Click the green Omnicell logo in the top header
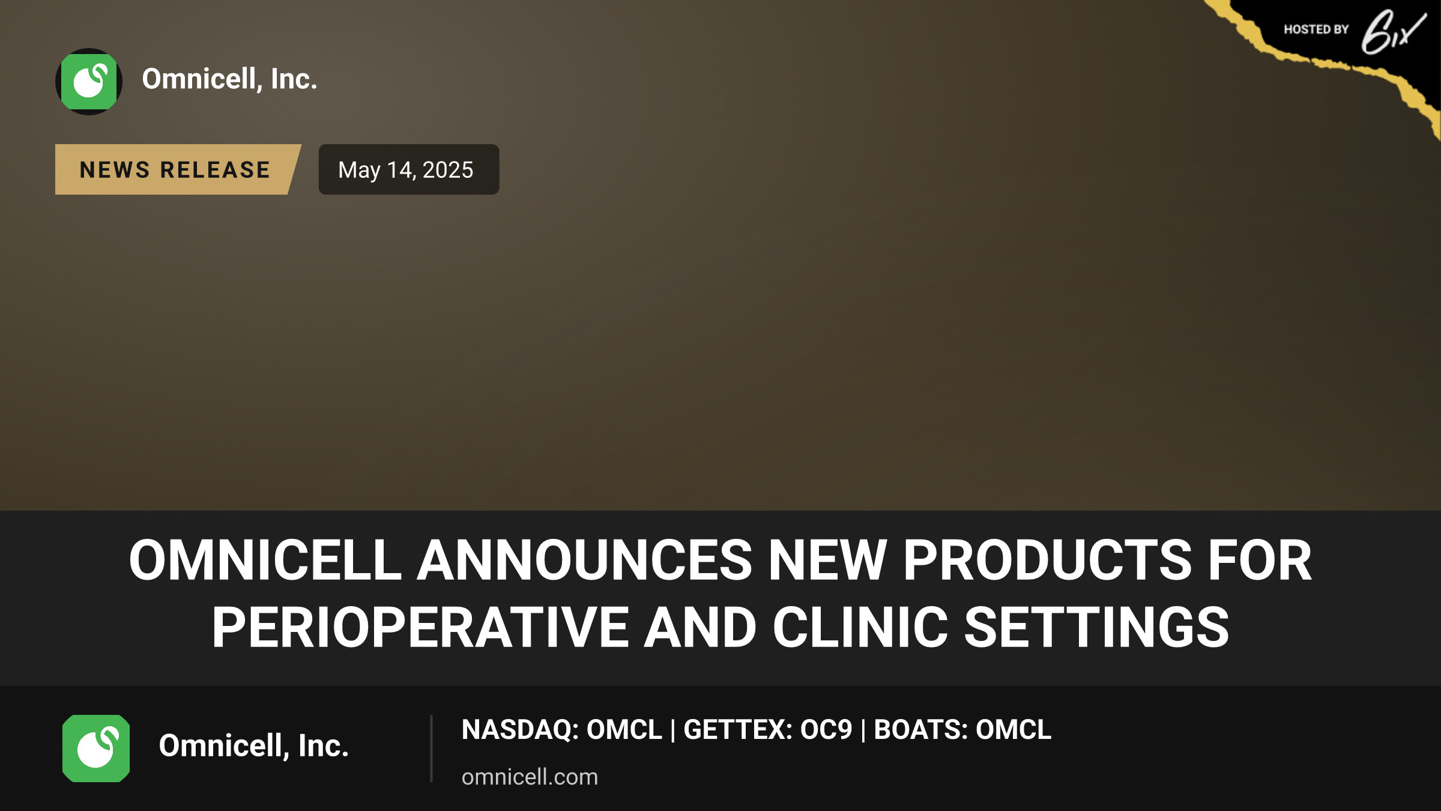click(x=89, y=82)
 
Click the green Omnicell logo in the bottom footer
click(x=96, y=749)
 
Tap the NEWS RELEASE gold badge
click(x=177, y=169)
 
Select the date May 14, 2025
click(x=406, y=169)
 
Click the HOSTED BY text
click(x=1316, y=29)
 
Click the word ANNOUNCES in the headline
click(x=584, y=560)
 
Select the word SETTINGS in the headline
click(x=1096, y=628)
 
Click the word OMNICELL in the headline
click(x=265, y=560)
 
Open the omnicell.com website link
click(x=530, y=777)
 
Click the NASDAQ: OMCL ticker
click(x=561, y=729)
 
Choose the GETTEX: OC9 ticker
click(x=767, y=729)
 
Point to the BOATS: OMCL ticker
click(x=962, y=729)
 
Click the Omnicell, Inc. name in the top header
click(x=229, y=79)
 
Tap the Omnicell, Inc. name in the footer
click(x=253, y=746)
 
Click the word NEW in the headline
click(x=827, y=560)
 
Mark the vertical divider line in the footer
click(x=431, y=749)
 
